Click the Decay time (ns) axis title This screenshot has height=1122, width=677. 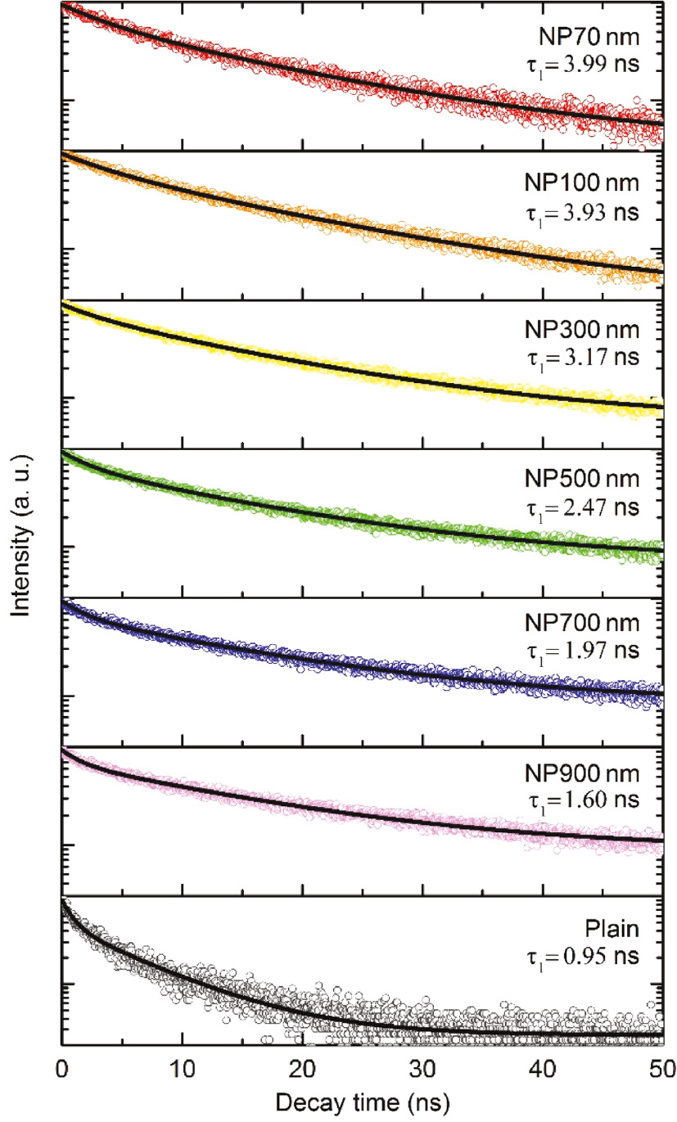(x=360, y=1102)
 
